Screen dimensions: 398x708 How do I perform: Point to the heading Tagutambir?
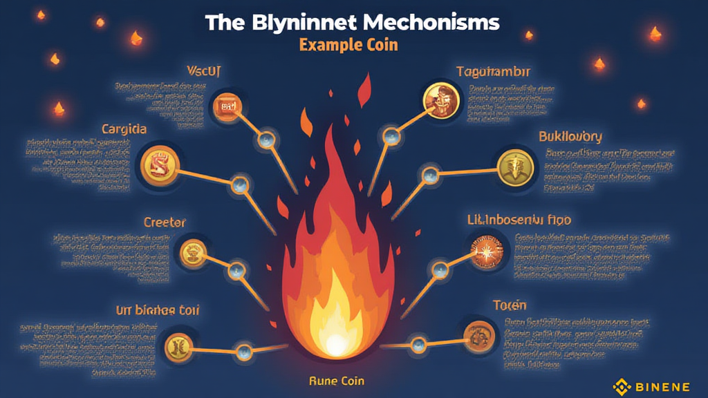point(493,71)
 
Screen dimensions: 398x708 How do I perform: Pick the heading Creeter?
point(165,222)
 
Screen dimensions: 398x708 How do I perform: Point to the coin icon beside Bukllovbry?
point(516,166)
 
